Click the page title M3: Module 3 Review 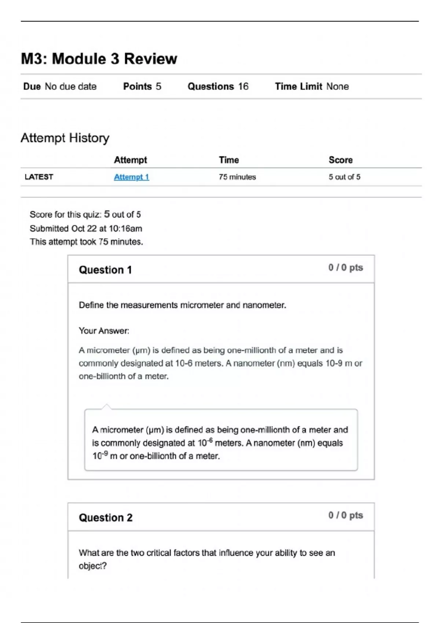(99, 59)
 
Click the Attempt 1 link (131, 177)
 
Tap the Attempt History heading (65, 138)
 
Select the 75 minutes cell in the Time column (237, 177)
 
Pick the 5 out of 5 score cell (344, 177)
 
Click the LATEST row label (39, 177)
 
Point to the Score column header (341, 160)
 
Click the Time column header (229, 160)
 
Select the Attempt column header (130, 160)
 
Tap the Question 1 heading (105, 270)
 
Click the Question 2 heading (106, 517)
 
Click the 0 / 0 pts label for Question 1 (345, 268)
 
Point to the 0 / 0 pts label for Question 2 (345, 515)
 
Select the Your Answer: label (104, 331)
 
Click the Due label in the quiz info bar (32, 86)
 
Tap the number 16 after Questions (243, 86)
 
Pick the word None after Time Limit (337, 86)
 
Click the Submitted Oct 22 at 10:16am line (86, 228)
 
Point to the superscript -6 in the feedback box (210, 440)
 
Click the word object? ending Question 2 (93, 566)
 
